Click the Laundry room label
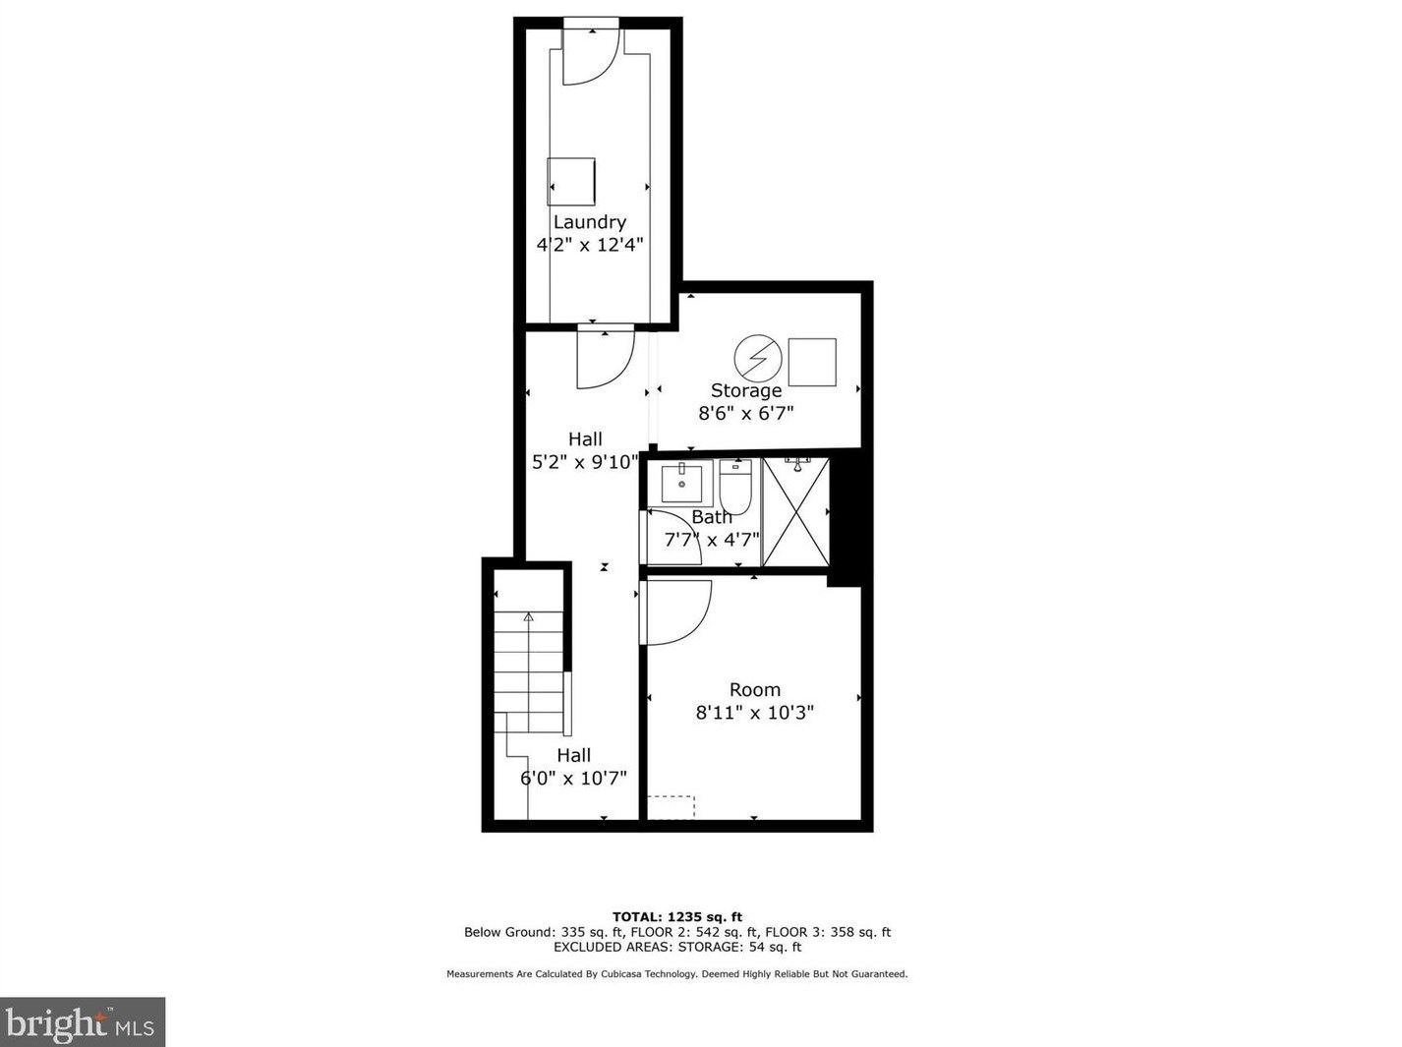tap(589, 222)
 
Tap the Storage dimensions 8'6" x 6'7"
tap(746, 414)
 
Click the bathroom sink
tap(680, 483)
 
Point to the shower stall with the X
tap(795, 512)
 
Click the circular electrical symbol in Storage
tap(758, 359)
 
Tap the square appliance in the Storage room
tap(812, 362)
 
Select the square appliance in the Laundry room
tap(571, 181)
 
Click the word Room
tap(755, 690)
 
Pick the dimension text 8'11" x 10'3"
tap(755, 713)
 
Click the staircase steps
tap(528, 663)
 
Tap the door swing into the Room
tap(676, 612)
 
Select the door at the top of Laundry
tap(590, 54)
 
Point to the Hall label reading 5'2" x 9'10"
tap(585, 462)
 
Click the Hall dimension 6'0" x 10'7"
tap(573, 779)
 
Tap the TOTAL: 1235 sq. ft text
tap(677, 917)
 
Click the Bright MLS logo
tap(83, 1022)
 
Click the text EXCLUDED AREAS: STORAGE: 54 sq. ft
tap(677, 948)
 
